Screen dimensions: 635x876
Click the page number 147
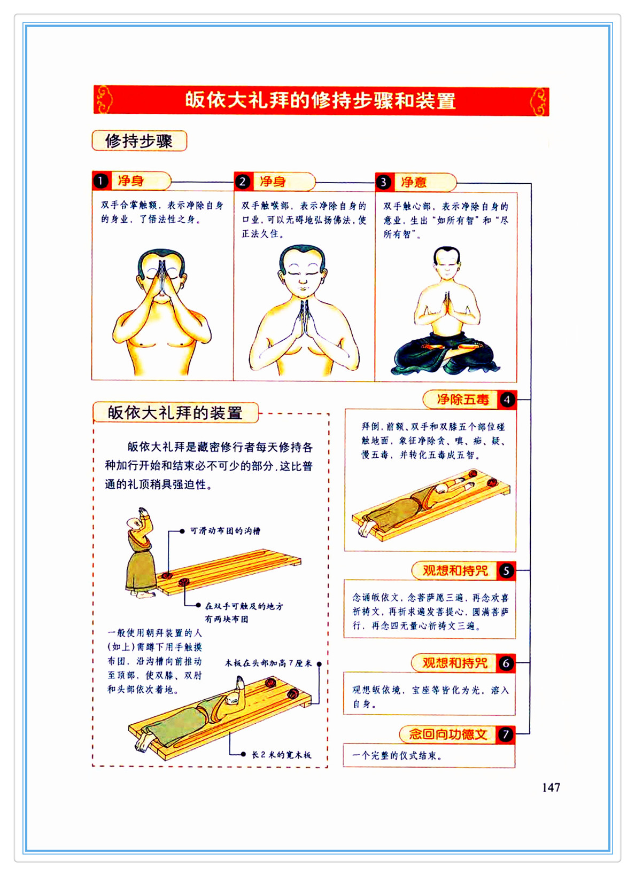(x=551, y=787)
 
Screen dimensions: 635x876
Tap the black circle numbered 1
(x=101, y=181)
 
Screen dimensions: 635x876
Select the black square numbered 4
(x=507, y=400)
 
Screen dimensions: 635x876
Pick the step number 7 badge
(x=506, y=734)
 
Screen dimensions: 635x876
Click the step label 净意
(x=414, y=182)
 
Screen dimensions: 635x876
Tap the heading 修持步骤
(x=139, y=141)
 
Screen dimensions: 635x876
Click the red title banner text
(x=320, y=100)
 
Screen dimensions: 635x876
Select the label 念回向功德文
(x=448, y=734)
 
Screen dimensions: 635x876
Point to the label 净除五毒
(x=463, y=400)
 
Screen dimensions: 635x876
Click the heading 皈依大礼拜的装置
(x=175, y=412)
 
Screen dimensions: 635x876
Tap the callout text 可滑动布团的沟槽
(x=226, y=531)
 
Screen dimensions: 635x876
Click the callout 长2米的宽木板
(x=281, y=755)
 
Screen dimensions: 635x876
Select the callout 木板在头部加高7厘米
(x=268, y=663)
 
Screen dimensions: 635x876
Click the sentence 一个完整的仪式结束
(x=397, y=755)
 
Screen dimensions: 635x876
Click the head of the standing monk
(x=134, y=523)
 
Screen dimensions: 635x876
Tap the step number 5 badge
(x=506, y=570)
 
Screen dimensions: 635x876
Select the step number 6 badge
(x=506, y=663)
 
